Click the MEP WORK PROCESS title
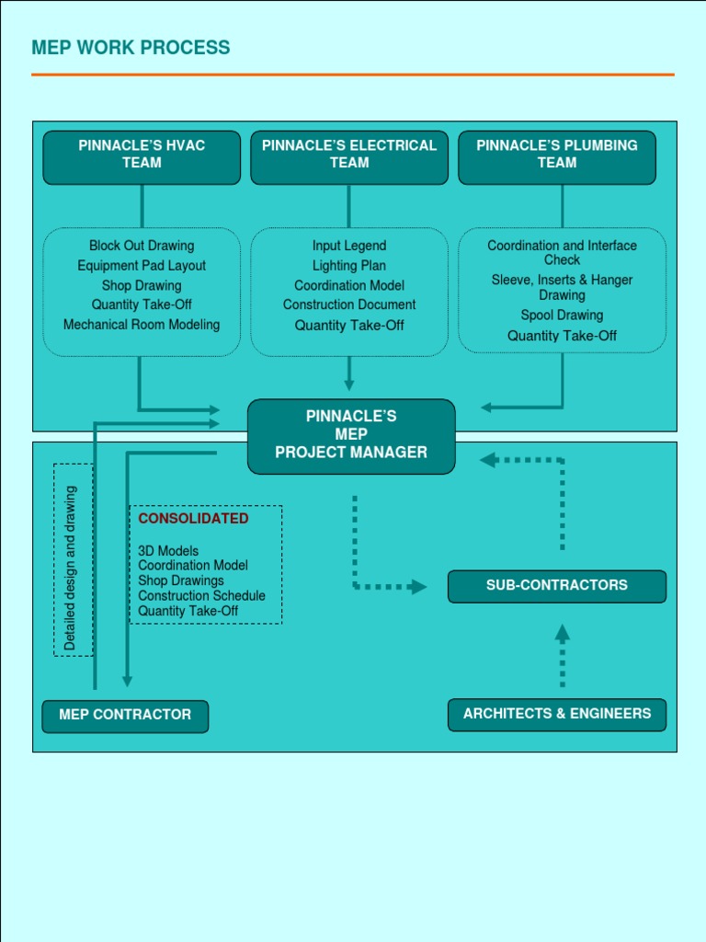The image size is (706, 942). (131, 48)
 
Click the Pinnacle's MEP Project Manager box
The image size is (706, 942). (351, 435)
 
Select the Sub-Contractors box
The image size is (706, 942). (557, 586)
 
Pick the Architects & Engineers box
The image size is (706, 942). (557, 714)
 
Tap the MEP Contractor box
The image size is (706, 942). (125, 716)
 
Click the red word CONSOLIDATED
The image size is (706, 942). (193, 519)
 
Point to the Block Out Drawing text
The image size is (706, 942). (142, 246)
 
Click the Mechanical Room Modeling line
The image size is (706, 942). (142, 325)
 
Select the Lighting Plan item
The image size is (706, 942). (349, 266)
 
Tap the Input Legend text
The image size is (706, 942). (349, 246)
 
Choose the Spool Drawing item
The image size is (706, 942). (562, 316)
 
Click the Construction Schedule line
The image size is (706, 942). (201, 596)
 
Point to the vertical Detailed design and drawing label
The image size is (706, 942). (71, 569)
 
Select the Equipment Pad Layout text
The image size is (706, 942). (142, 266)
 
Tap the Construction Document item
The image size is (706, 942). (349, 304)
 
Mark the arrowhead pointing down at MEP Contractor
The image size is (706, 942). (127, 681)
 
